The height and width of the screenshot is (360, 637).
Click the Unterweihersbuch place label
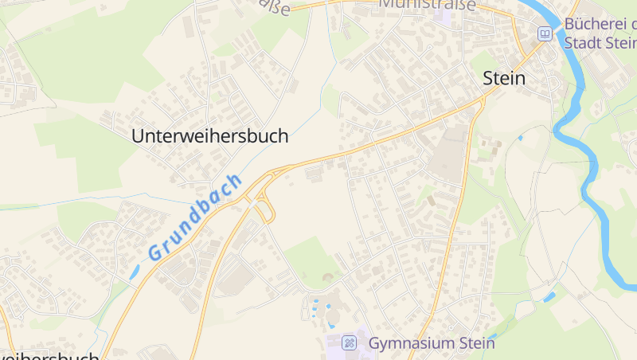click(209, 136)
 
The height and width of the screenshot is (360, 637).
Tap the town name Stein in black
click(504, 78)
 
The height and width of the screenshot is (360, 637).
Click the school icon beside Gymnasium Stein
click(348, 343)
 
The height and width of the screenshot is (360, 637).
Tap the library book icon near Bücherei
click(545, 33)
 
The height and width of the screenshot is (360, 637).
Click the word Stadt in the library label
click(583, 42)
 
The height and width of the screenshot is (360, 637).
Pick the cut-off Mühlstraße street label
click(427, 5)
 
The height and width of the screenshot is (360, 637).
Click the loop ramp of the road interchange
click(266, 213)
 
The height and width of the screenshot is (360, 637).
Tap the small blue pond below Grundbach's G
click(134, 272)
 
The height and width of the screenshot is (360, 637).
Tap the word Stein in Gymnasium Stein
click(478, 343)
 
